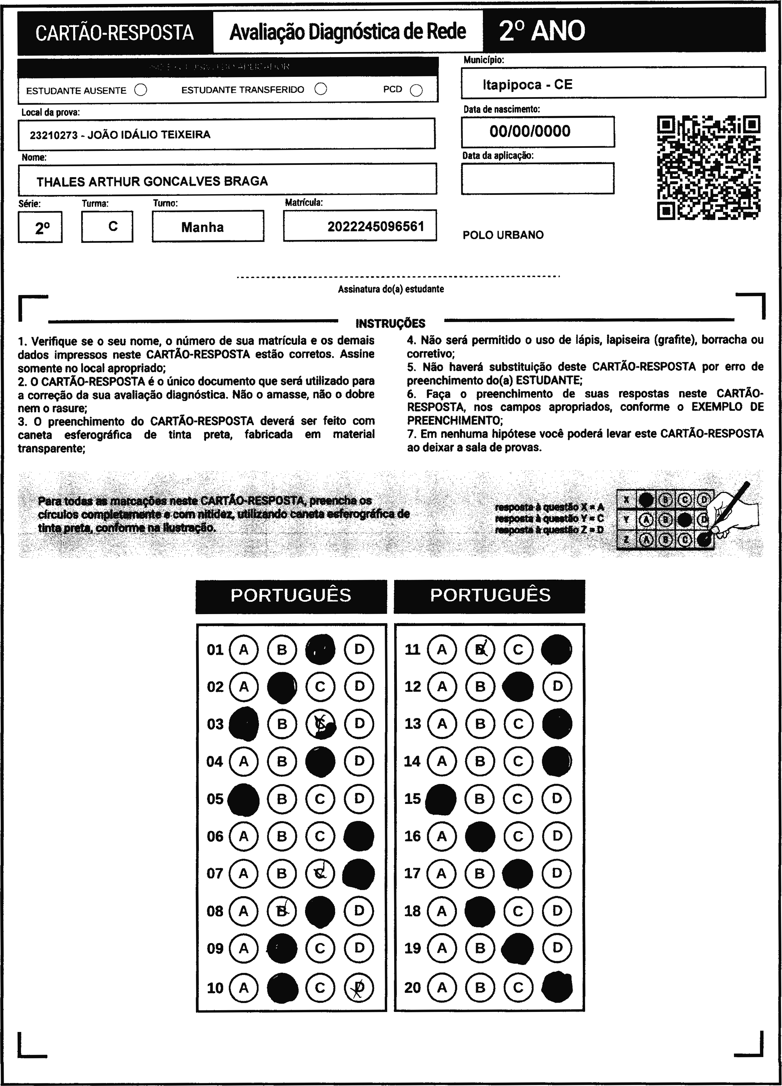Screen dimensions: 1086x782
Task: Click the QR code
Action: (708, 167)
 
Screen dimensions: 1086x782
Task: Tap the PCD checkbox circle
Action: (417, 90)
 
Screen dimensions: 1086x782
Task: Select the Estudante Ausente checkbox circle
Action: (141, 90)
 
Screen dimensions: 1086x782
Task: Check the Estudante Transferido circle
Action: (321, 89)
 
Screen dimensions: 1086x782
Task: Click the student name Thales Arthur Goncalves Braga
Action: (152, 182)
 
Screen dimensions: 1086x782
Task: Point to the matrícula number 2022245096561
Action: (376, 227)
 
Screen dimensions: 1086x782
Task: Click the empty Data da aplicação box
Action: (537, 179)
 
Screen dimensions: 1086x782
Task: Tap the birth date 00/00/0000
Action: (530, 131)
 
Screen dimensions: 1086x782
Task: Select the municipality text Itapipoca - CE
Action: (527, 85)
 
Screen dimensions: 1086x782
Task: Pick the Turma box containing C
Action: (107, 227)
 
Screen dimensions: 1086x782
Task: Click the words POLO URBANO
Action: (503, 235)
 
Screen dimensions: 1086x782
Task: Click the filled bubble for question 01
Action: (320, 649)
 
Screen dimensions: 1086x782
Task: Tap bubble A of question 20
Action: (442, 987)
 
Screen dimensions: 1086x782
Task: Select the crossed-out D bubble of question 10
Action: (359, 987)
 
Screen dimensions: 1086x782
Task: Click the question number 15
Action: (412, 799)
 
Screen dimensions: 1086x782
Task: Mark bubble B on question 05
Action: (282, 799)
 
